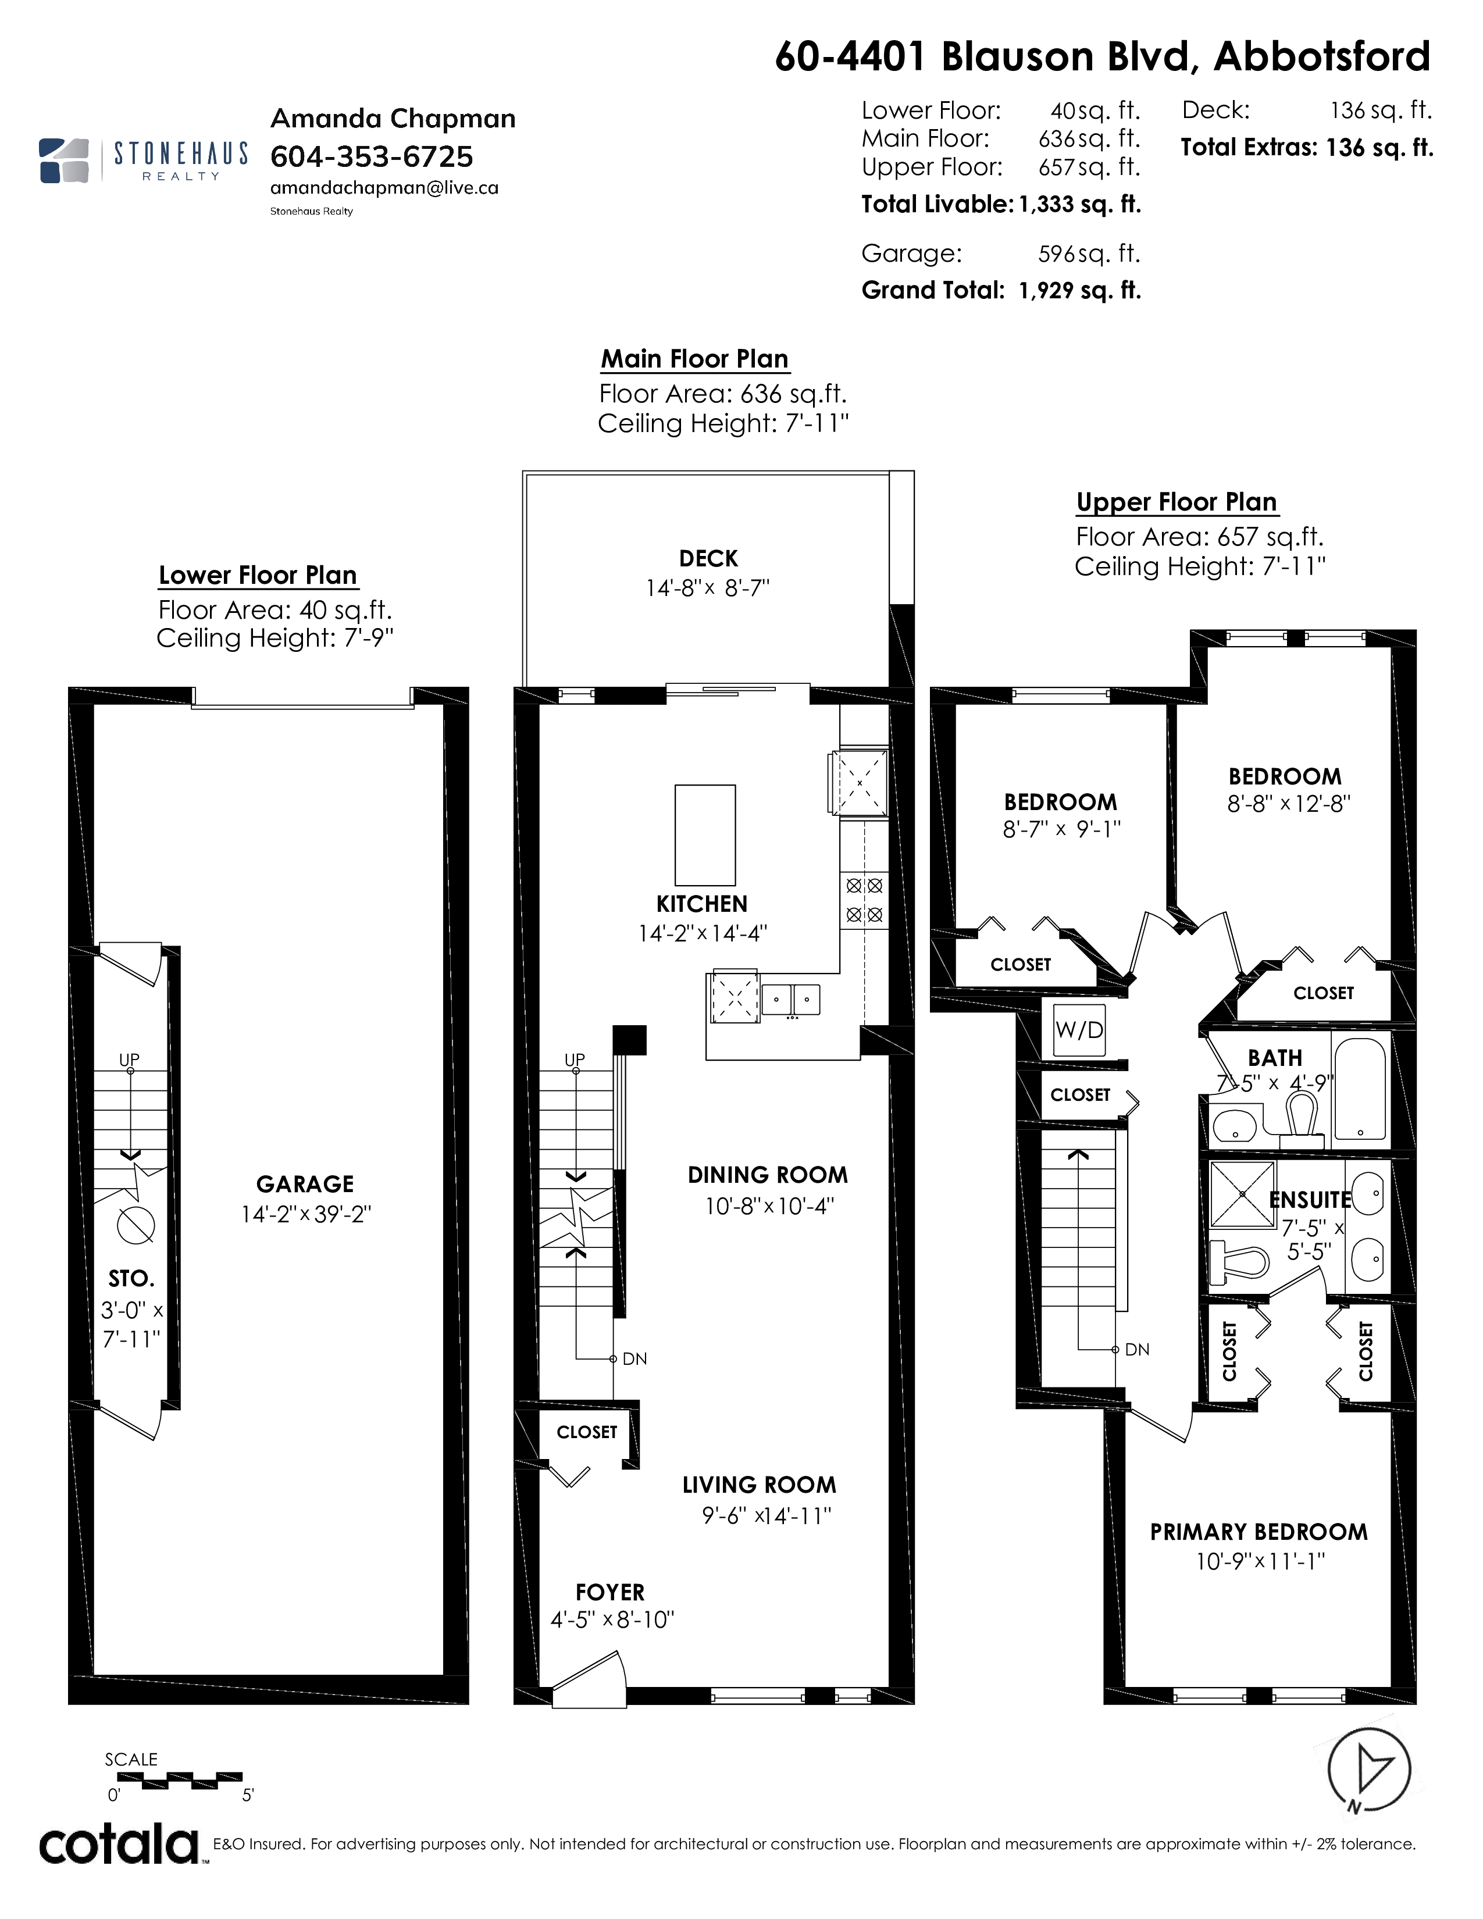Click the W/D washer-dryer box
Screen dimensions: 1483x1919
click(x=1079, y=1029)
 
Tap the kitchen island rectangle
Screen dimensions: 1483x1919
click(x=705, y=834)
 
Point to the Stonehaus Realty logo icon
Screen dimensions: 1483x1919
click(x=64, y=160)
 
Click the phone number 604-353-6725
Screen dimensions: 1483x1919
click(x=372, y=156)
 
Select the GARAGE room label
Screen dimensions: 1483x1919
click(x=305, y=1183)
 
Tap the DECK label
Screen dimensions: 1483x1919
click(x=708, y=559)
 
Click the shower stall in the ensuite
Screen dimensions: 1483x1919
click(x=1242, y=1193)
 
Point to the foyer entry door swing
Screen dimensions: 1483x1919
click(x=589, y=1679)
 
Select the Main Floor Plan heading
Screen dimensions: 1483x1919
click(x=694, y=358)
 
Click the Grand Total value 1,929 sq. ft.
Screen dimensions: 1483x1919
click(x=1080, y=290)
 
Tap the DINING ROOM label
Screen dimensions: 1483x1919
click(x=768, y=1175)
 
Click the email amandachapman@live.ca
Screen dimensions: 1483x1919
click(x=384, y=188)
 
